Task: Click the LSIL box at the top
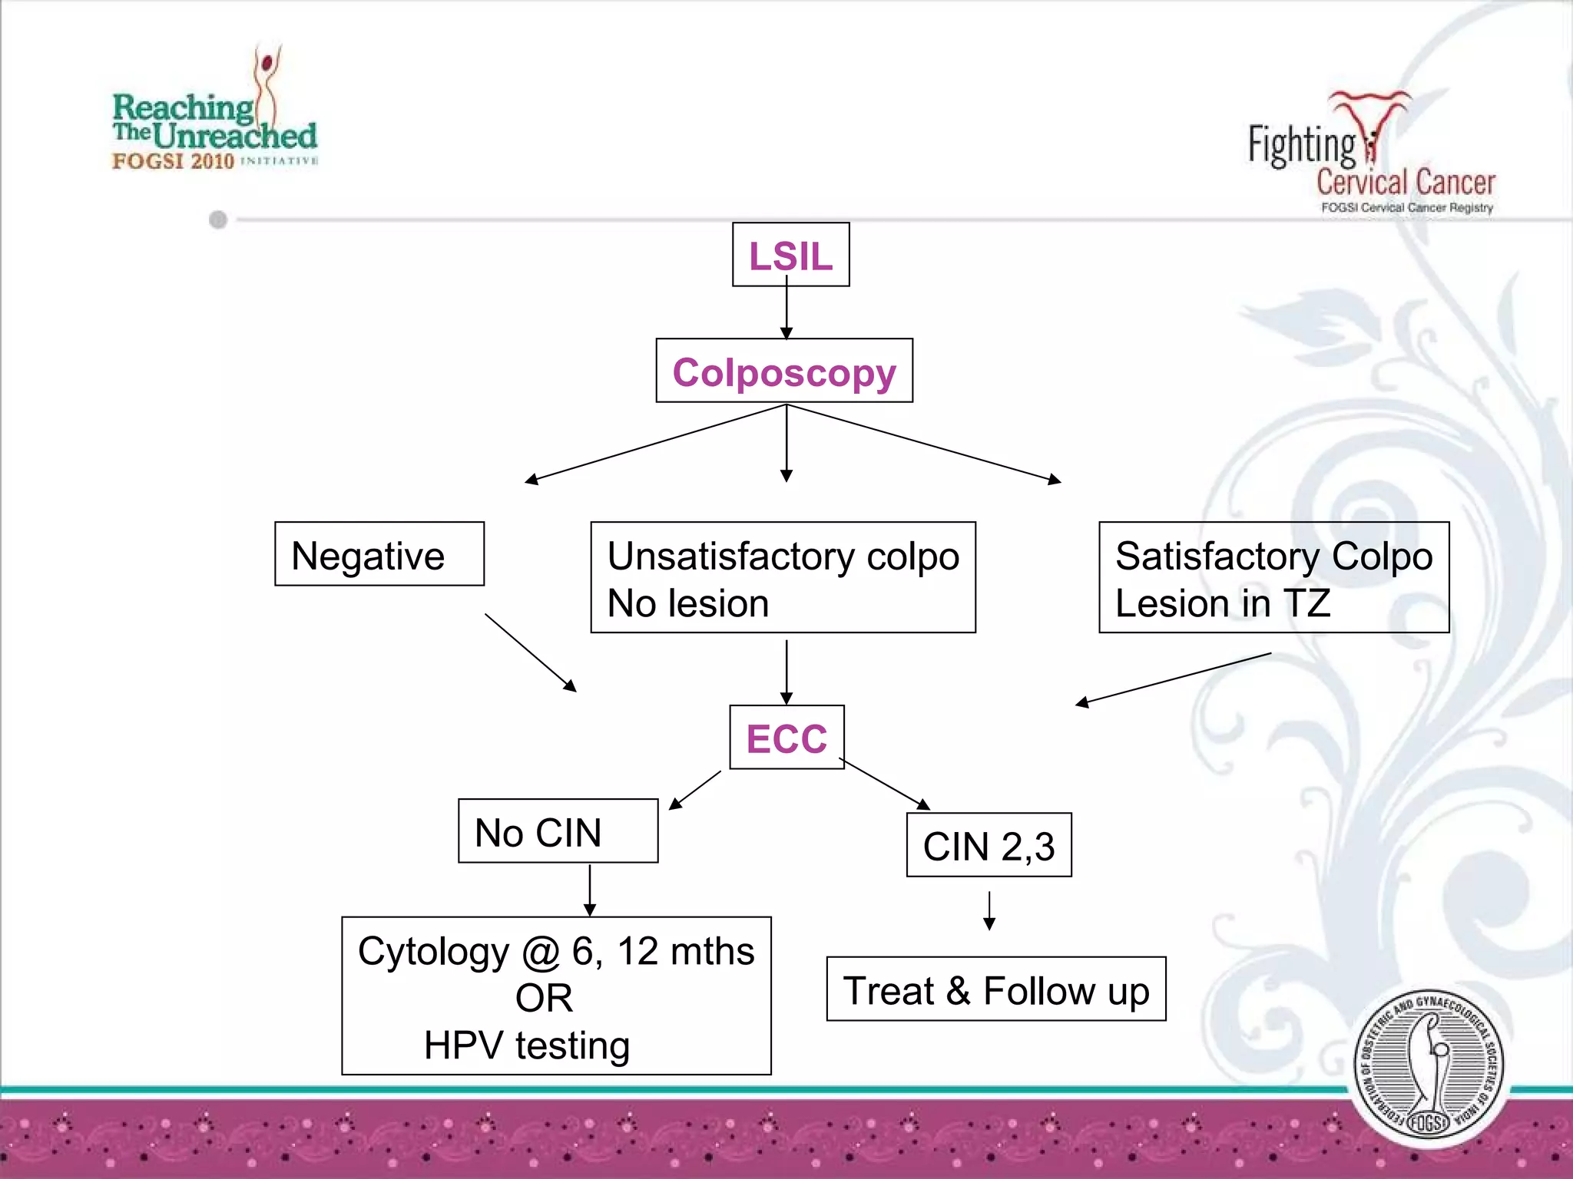point(790,255)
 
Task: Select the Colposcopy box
point(784,371)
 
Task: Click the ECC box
point(786,738)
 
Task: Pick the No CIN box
point(558,831)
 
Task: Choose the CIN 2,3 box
point(989,845)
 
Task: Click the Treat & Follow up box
point(995,989)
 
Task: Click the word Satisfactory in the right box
point(1217,556)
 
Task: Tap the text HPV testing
point(527,1045)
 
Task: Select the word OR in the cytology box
point(544,998)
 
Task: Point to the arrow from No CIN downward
point(590,890)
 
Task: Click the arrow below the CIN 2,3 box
point(989,910)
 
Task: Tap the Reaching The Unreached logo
point(215,115)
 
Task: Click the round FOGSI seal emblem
point(1428,1067)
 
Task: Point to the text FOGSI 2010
point(173,161)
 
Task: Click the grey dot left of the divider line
point(218,220)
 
